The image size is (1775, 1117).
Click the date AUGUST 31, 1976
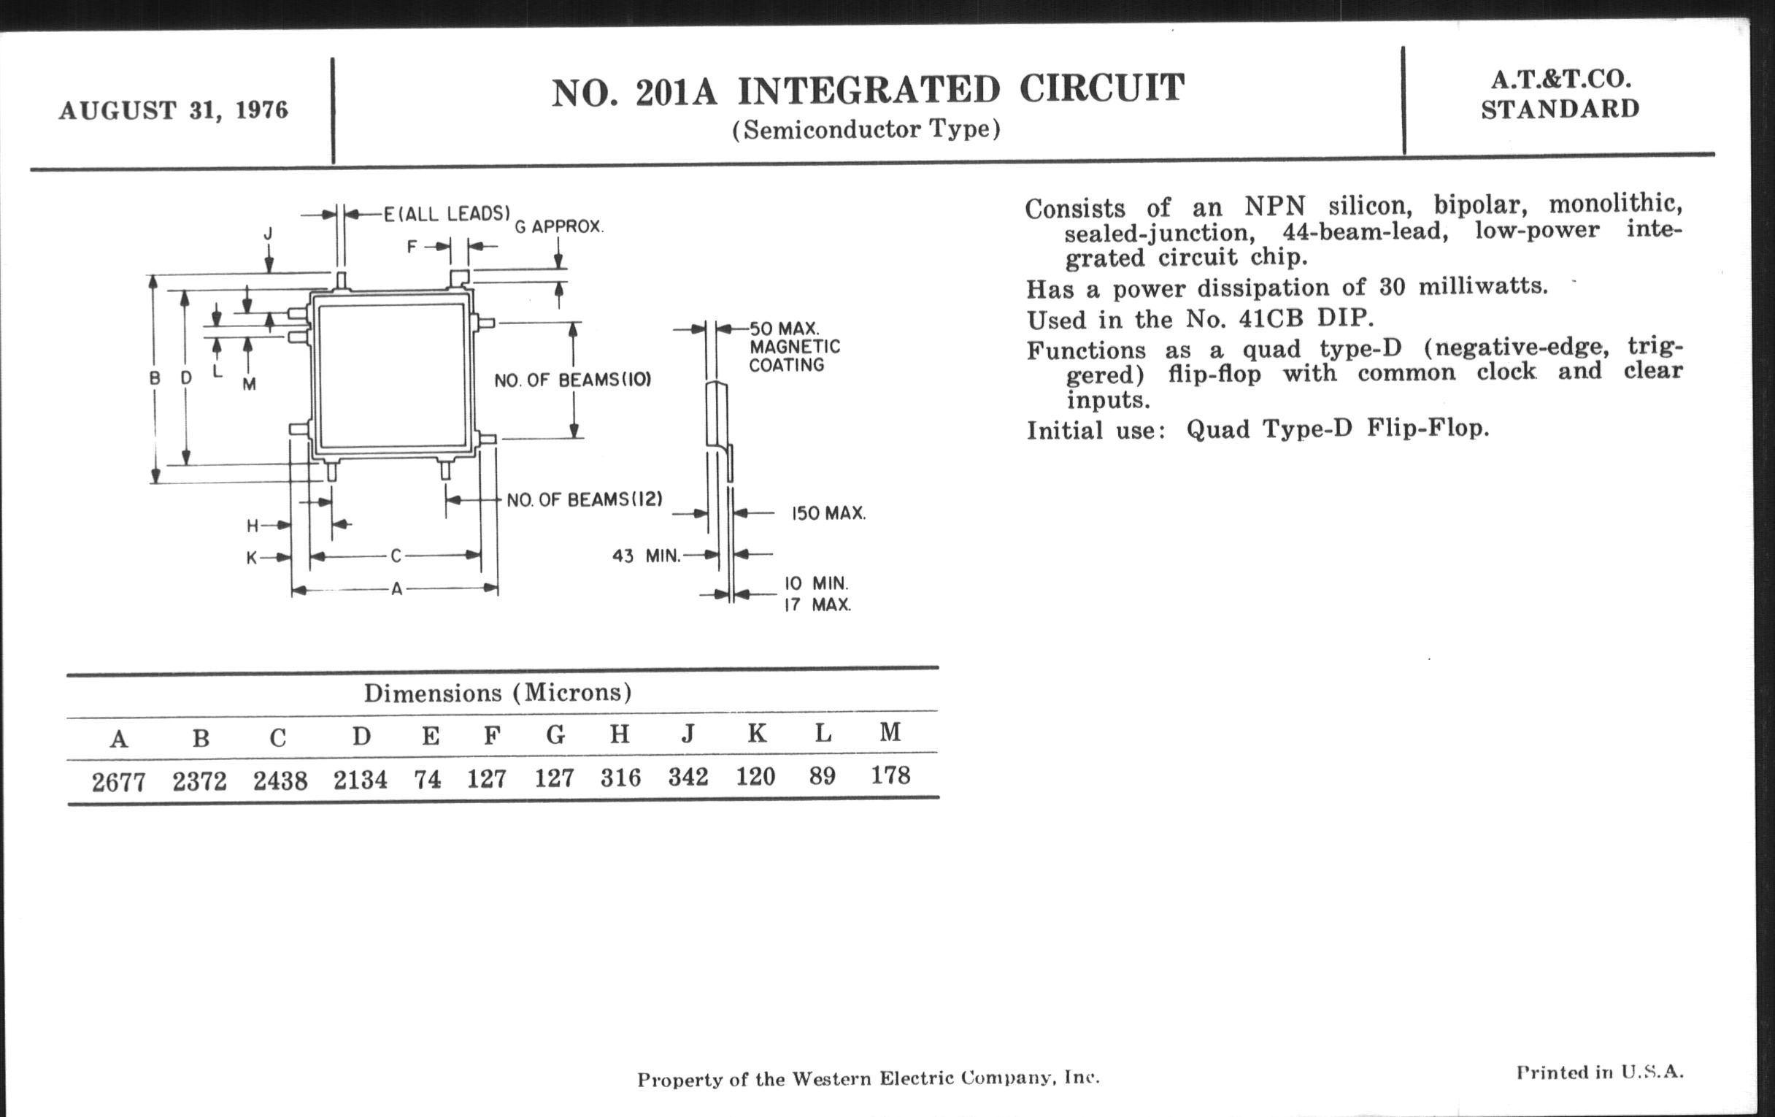point(173,110)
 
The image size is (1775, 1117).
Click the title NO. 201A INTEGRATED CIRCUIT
point(868,90)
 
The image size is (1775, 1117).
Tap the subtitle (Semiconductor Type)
point(866,130)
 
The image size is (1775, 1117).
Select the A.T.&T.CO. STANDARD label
point(1560,94)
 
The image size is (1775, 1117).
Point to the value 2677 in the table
point(119,781)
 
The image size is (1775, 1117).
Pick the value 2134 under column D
point(360,779)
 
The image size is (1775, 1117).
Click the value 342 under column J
point(688,776)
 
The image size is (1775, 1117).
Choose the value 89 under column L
point(822,775)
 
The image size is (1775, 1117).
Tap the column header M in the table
point(890,732)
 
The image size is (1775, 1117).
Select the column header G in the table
point(555,734)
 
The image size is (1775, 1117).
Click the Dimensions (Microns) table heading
point(498,692)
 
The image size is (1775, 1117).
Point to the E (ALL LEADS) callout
point(447,214)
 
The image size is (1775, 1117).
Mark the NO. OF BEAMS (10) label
point(573,380)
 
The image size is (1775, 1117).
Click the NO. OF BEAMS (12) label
point(585,500)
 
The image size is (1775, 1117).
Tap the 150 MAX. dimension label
point(828,513)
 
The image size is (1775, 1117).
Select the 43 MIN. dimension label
point(647,556)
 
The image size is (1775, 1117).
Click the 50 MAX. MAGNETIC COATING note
point(795,347)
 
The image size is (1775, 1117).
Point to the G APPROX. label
point(559,226)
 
